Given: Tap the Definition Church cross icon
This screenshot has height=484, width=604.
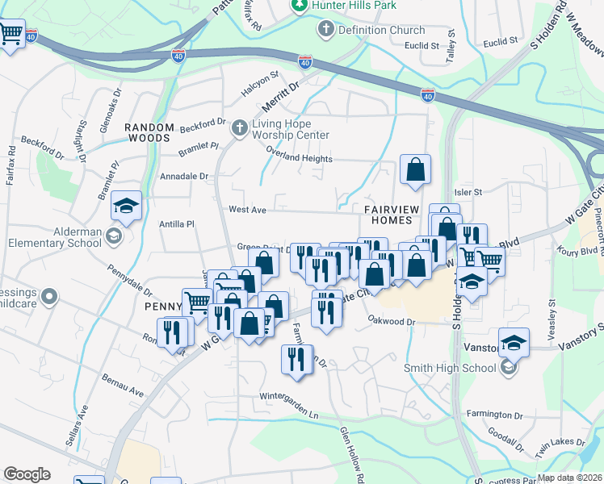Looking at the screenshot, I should point(326,30).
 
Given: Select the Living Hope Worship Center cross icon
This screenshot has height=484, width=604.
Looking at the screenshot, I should point(239,128).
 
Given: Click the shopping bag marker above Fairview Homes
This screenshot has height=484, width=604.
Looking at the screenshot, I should point(415,169).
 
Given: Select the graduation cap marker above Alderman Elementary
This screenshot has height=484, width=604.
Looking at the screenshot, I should point(127,206).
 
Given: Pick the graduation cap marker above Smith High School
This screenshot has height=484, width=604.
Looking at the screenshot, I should point(514,343).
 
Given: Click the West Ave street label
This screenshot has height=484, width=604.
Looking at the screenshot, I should point(248,210).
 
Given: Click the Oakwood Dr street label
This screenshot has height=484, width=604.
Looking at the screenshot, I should point(391,322).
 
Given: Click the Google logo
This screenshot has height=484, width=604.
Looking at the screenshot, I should point(27,474).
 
